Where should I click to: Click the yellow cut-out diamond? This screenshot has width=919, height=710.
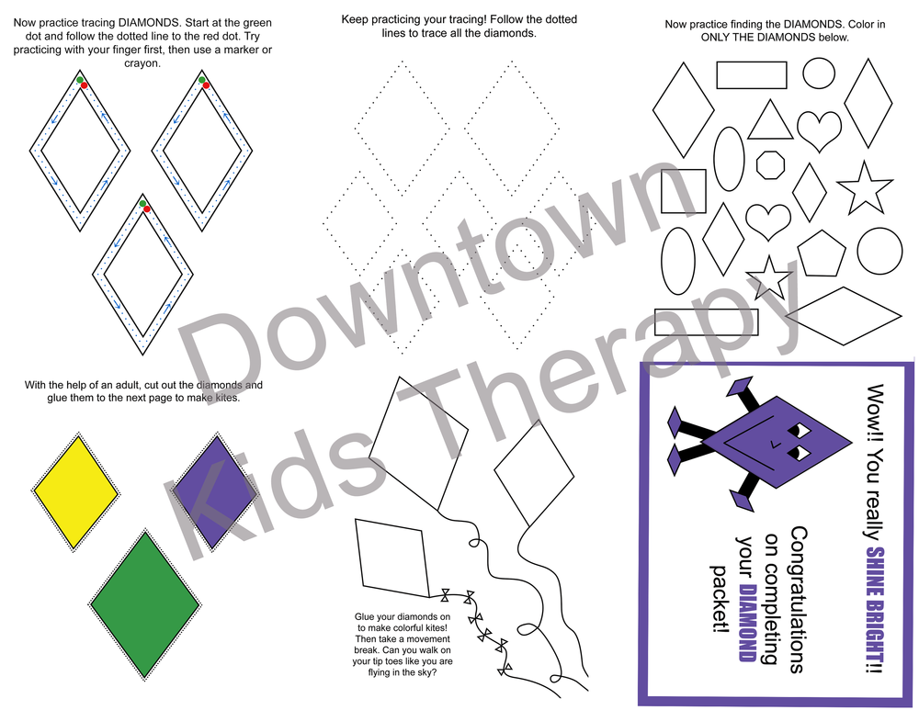click(x=75, y=492)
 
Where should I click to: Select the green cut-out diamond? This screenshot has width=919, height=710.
click(x=145, y=605)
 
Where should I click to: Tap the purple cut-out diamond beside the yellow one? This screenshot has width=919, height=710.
click(x=215, y=492)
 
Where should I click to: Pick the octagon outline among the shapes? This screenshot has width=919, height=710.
click(x=770, y=164)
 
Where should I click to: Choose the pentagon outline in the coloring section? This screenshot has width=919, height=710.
click(x=821, y=254)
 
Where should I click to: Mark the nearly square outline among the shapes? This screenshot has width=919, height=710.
click(x=684, y=191)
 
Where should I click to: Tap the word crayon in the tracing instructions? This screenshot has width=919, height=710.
click(x=142, y=63)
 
